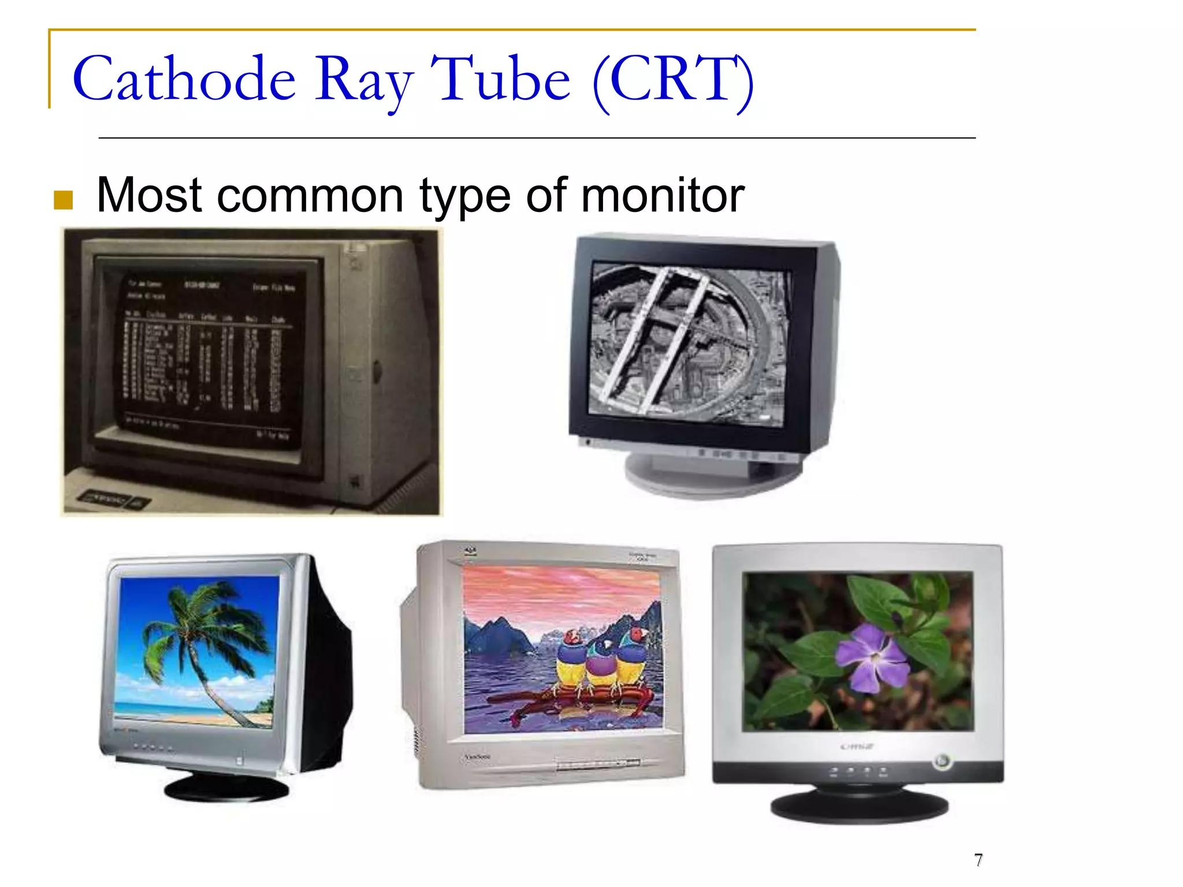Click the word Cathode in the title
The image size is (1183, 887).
coord(184,80)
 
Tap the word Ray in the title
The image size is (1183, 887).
coord(364,81)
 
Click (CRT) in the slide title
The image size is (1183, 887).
coord(674,81)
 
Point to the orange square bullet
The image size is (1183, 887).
coord(63,200)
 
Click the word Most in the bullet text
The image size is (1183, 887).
coord(149,195)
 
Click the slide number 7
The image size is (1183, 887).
coord(978,860)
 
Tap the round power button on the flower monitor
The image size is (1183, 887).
coord(942,761)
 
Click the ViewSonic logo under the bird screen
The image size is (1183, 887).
coord(478,756)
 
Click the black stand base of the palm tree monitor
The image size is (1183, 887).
coord(226,788)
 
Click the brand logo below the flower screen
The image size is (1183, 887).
coord(857,747)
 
